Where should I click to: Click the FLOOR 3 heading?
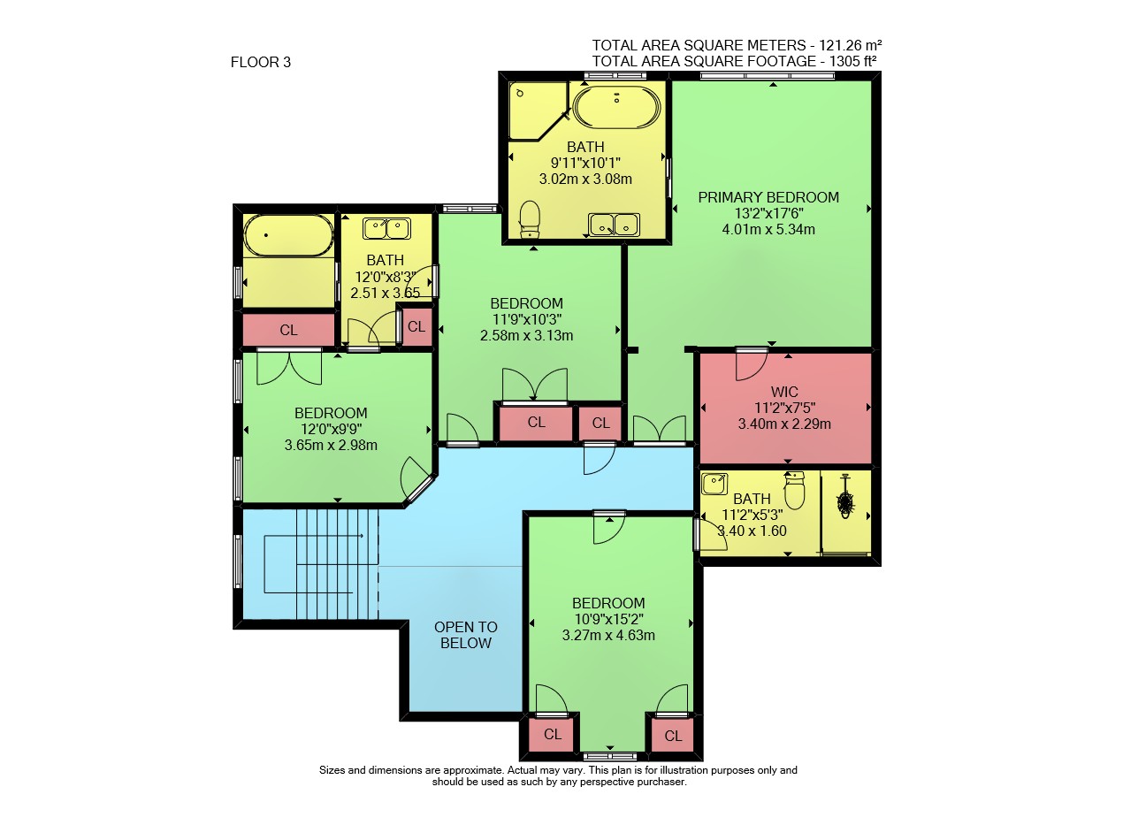(x=260, y=62)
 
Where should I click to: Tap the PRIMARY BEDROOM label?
(x=768, y=197)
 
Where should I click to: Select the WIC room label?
(x=784, y=392)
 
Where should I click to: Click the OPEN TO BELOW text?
(x=466, y=635)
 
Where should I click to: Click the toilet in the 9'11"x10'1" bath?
(x=529, y=219)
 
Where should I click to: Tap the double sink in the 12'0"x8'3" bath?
(x=386, y=228)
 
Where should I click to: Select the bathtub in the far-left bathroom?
(x=288, y=235)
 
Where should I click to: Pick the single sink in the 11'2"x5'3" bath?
(x=714, y=484)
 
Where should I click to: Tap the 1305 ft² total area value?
(x=852, y=61)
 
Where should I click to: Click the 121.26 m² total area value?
(x=851, y=45)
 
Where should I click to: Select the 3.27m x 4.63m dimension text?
(x=608, y=635)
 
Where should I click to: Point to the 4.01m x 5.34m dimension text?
(x=768, y=230)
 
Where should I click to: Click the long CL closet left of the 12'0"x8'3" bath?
(x=288, y=330)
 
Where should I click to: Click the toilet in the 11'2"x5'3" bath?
(x=794, y=490)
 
